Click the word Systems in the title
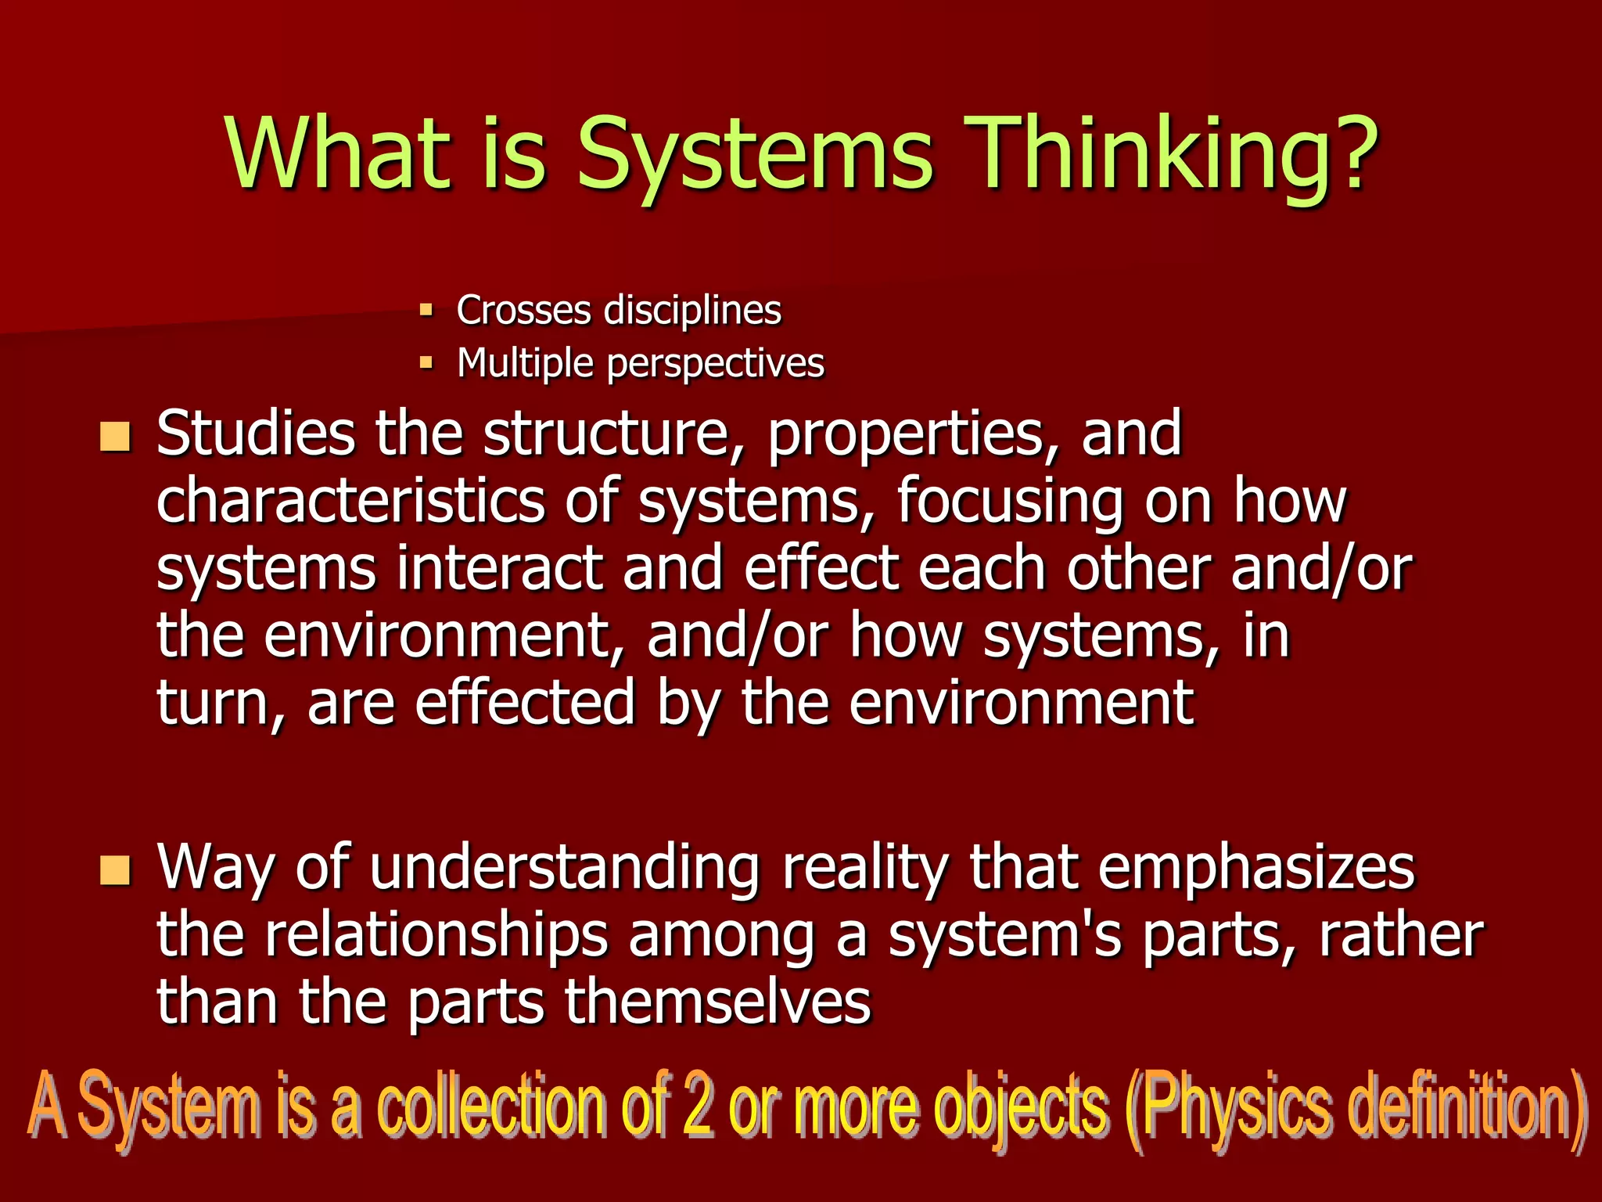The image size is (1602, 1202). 754,154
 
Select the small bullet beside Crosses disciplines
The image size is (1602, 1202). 426,310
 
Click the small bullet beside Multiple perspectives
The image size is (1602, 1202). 426,362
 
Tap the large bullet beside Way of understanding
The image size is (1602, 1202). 115,870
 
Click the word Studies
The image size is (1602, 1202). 255,434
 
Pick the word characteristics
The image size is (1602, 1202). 350,502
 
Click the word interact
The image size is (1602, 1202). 499,569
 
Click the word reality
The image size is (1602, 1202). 865,869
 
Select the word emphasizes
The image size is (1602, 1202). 1256,869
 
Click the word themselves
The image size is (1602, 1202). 717,1003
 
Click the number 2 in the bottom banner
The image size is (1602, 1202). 697,1107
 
